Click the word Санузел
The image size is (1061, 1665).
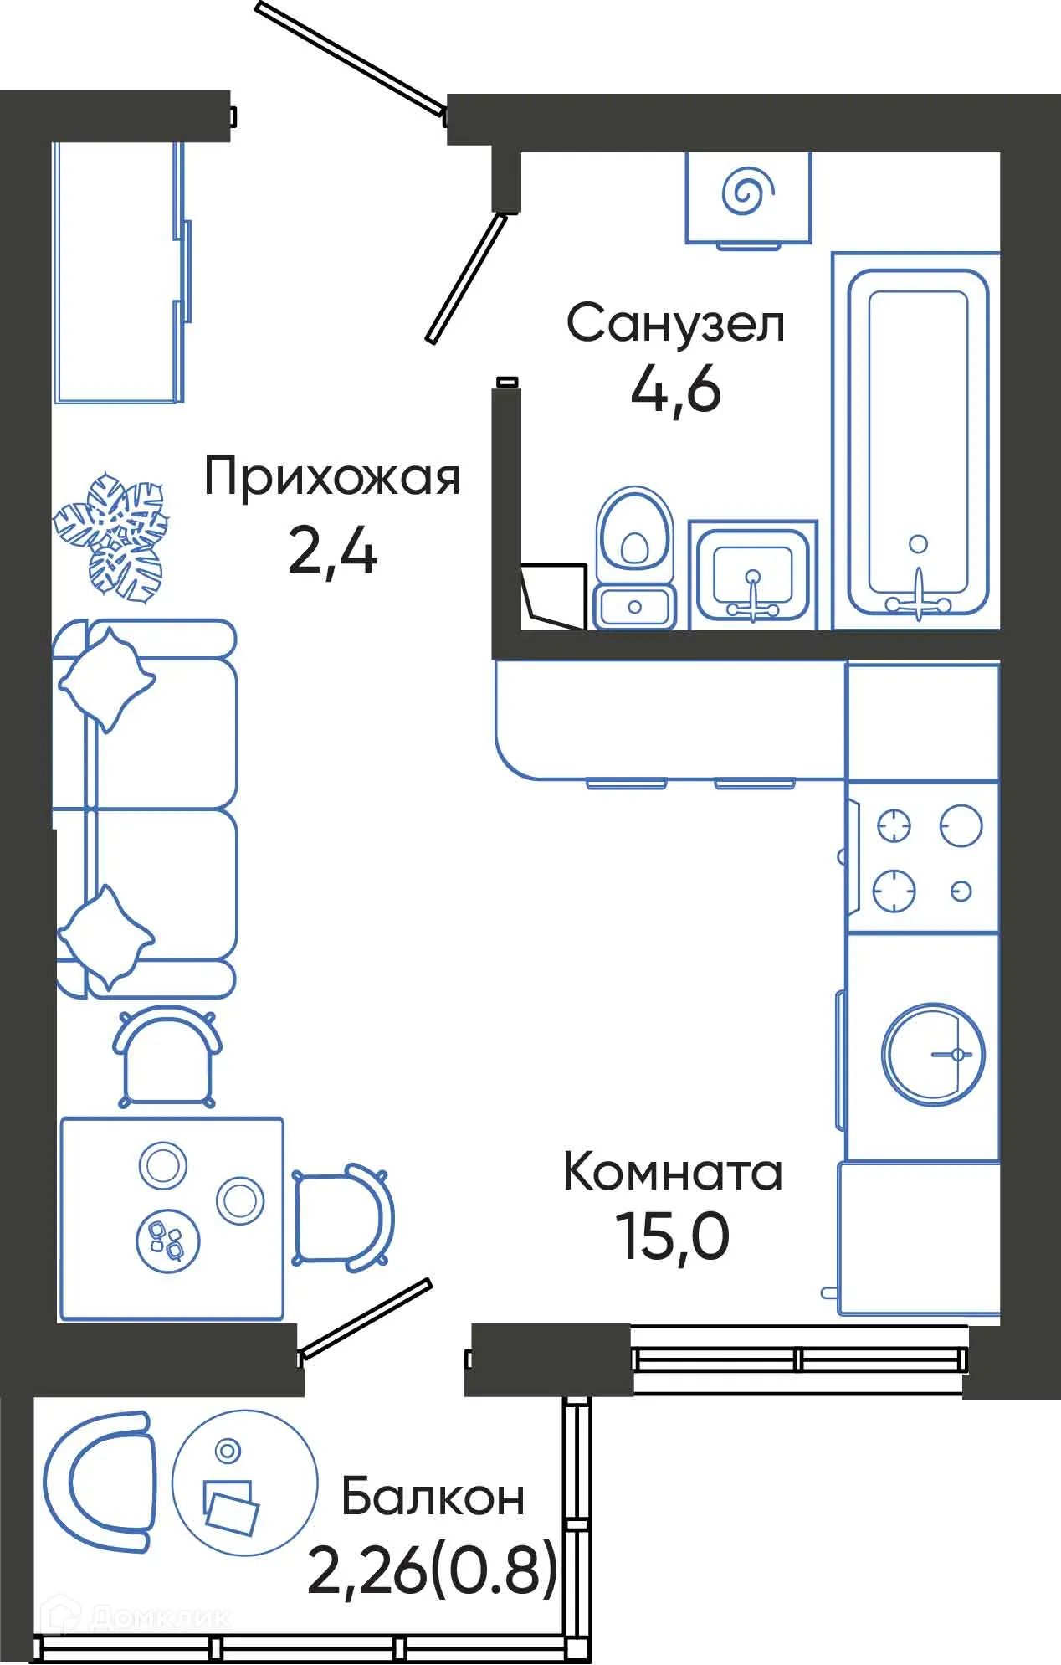point(675,324)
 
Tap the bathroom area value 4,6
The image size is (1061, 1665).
point(675,390)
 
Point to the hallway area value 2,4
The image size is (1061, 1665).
point(332,552)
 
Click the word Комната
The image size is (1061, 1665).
point(673,1173)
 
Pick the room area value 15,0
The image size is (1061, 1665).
point(673,1237)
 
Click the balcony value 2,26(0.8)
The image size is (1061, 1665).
point(433,1570)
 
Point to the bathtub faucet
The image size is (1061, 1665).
point(919,596)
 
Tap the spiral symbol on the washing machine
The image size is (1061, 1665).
point(748,192)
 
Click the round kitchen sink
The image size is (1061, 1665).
point(932,1054)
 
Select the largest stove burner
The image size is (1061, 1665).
point(960,825)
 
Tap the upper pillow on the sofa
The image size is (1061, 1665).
point(106,679)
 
